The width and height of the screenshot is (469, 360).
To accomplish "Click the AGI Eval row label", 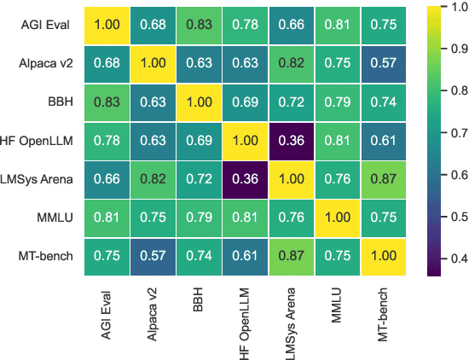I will click(48, 26).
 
